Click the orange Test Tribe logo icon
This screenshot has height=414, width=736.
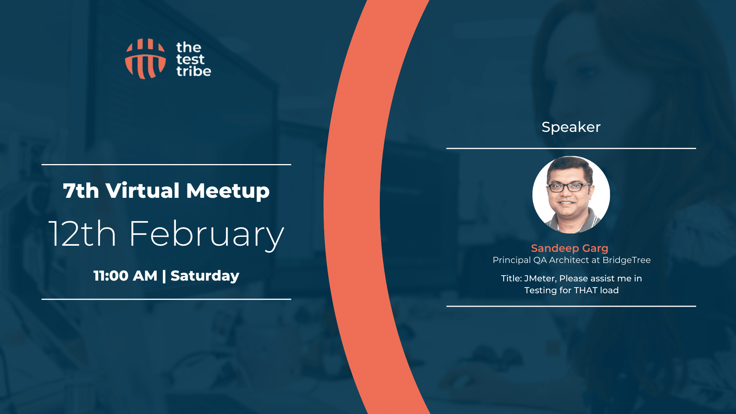[x=145, y=59]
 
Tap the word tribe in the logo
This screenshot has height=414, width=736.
[x=194, y=71]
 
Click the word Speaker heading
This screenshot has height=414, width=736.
[x=571, y=127]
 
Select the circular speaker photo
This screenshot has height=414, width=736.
[x=571, y=195]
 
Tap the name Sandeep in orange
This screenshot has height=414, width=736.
[x=555, y=248]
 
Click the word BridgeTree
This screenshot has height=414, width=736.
[x=626, y=260]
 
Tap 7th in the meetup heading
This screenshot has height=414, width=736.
[x=81, y=191]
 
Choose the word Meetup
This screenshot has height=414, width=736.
[x=228, y=191]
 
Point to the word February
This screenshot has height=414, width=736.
[x=207, y=235]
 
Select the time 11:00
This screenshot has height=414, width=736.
[x=111, y=276]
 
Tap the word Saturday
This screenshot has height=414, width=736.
[x=205, y=276]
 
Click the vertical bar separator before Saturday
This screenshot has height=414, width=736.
[x=164, y=276]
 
